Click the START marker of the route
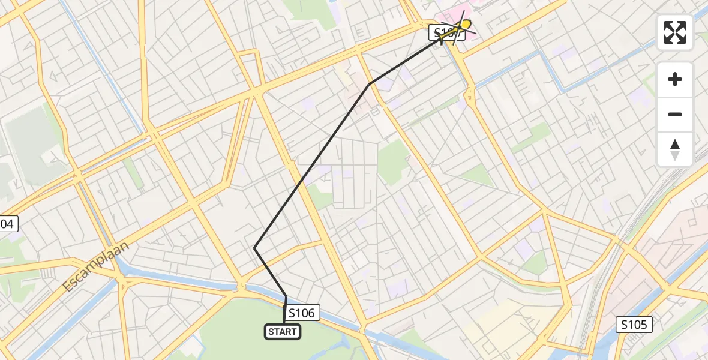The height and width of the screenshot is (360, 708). (283, 332)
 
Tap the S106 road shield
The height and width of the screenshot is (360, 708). (302, 313)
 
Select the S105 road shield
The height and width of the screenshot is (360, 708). (634, 325)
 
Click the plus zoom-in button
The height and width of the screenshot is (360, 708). (675, 79)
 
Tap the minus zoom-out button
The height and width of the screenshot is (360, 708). (675, 114)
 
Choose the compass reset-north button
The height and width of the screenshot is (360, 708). (675, 149)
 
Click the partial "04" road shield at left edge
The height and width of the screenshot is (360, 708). (7, 224)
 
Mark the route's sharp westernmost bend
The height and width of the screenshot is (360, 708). (255, 248)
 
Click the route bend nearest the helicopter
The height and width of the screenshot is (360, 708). (370, 83)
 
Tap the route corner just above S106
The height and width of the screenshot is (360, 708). (286, 296)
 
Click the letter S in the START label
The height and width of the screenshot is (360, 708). (271, 332)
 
